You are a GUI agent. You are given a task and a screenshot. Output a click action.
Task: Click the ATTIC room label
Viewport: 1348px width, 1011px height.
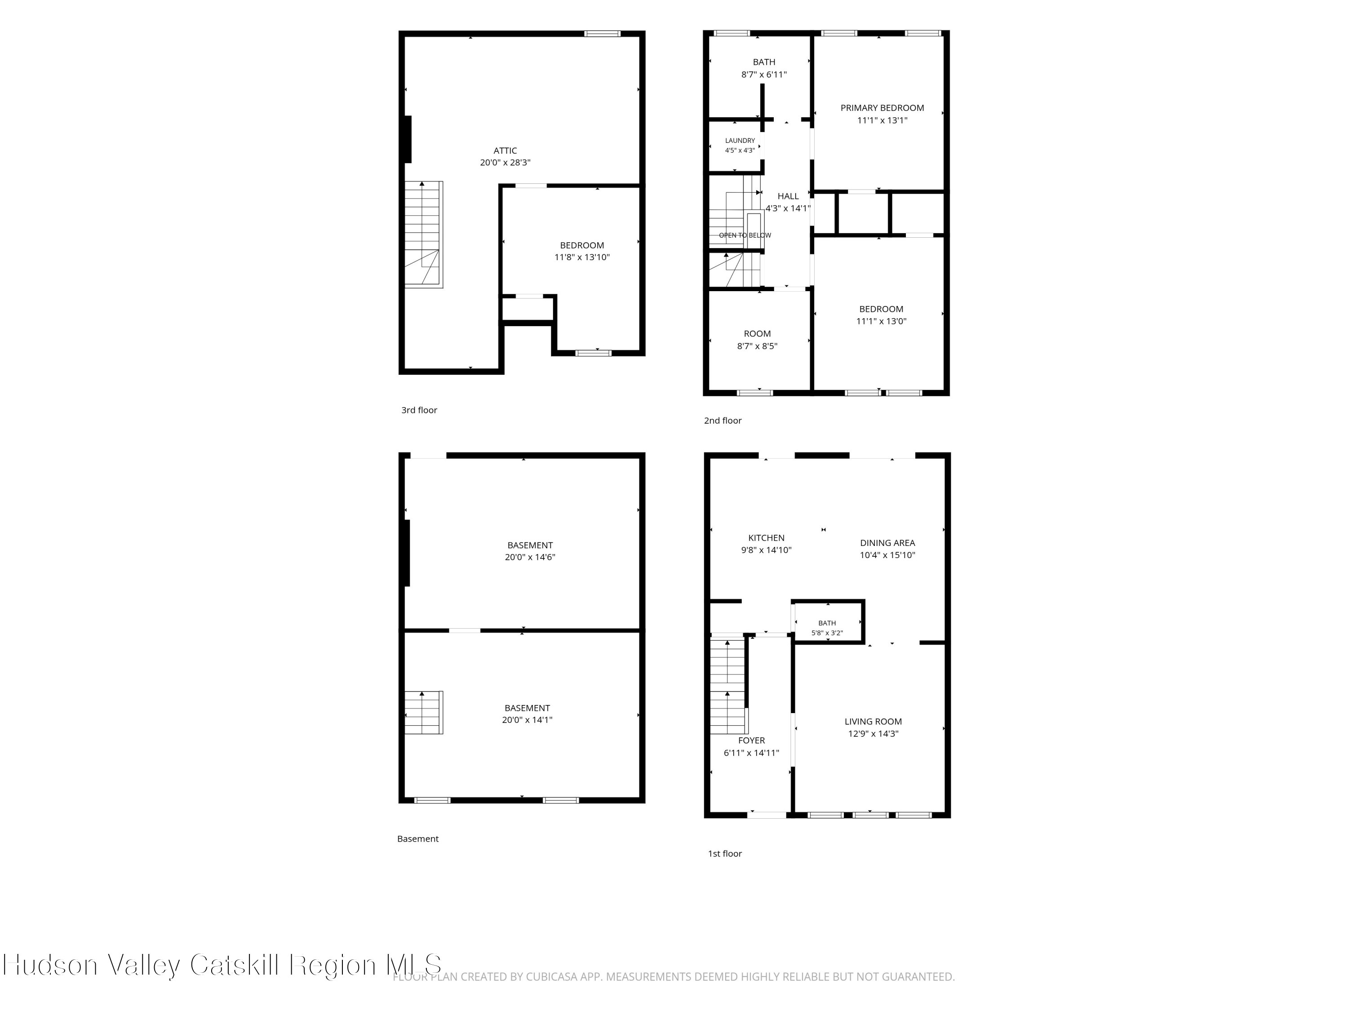505,151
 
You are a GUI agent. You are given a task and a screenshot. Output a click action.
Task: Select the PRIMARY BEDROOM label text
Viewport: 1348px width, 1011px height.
882,108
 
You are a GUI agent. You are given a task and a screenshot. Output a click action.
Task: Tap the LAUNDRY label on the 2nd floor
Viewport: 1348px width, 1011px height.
740,141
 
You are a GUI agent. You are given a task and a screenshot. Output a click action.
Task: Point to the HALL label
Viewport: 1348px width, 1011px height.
788,196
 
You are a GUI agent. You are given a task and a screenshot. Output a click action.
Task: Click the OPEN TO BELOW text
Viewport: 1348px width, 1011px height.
745,235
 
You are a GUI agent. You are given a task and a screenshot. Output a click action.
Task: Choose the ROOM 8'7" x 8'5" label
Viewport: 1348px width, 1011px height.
758,339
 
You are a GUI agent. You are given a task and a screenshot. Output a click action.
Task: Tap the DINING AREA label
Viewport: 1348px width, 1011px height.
887,543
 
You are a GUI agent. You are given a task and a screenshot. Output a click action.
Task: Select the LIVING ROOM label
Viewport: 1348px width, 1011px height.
873,722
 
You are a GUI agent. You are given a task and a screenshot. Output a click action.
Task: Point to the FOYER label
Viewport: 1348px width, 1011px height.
751,741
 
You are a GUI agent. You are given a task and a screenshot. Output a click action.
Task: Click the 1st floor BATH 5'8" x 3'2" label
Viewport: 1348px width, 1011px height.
827,628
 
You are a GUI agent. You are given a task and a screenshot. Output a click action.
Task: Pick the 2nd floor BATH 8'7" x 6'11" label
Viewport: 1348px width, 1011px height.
764,68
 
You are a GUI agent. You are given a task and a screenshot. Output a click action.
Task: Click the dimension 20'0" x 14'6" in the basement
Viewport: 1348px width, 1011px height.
530,557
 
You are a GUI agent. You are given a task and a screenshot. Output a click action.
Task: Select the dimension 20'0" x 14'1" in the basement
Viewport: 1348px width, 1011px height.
527,720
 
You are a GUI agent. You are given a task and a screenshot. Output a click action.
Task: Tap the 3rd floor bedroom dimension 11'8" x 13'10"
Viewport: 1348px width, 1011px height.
582,257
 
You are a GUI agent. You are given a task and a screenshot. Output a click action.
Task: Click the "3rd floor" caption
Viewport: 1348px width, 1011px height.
419,410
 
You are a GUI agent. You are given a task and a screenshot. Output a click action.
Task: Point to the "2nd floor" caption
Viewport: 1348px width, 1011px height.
723,421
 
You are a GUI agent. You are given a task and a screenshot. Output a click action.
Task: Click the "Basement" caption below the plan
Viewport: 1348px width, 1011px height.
418,838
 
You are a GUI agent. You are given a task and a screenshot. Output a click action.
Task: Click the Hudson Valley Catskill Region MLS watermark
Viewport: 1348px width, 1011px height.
222,964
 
